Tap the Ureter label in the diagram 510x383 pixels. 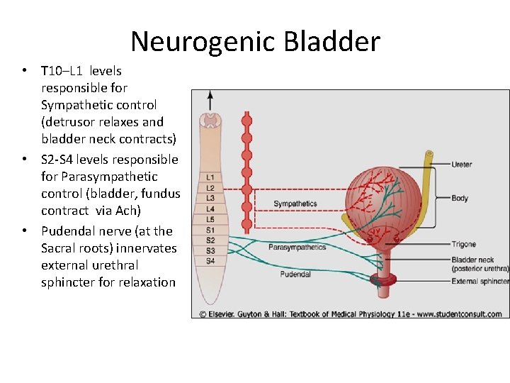pos(463,165)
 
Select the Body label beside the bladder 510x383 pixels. pos(460,199)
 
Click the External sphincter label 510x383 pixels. pos(480,282)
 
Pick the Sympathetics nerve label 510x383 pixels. pos(295,204)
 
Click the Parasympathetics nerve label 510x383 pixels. pos(297,248)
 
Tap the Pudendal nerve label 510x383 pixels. pos(295,274)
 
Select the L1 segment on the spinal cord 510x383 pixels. pos(210,177)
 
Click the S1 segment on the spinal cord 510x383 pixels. pos(210,230)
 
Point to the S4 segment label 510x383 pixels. pos(210,261)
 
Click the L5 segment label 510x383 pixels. pos(210,219)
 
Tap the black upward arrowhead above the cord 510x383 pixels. pos(210,95)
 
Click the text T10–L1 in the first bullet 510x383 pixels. pos(64,71)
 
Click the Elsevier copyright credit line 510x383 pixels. pos(350,313)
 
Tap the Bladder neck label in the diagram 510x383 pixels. pos(472,260)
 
